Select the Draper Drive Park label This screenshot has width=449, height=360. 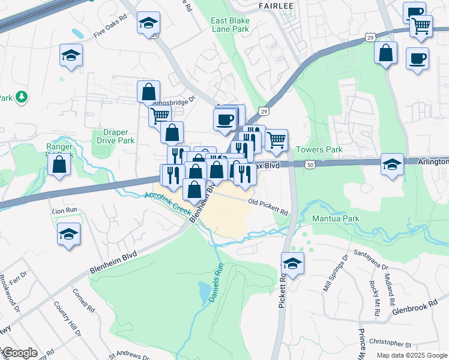(114, 136)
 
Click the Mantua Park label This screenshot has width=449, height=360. (336, 218)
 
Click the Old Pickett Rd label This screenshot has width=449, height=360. (268, 208)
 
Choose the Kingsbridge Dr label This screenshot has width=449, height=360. (179, 102)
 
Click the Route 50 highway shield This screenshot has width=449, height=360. (310, 164)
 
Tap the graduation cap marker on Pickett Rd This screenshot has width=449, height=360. (292, 263)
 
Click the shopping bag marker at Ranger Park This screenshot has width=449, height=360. (59, 164)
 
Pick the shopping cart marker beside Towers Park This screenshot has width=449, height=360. (276, 140)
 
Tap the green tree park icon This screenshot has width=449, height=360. (22, 96)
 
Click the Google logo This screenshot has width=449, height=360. (19, 353)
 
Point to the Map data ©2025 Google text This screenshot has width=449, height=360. (412, 355)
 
